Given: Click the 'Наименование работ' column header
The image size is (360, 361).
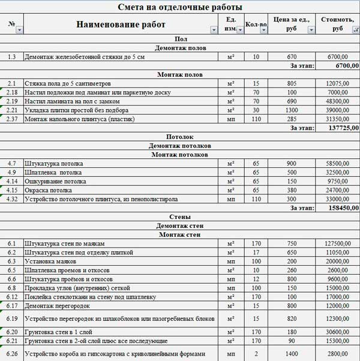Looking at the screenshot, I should pos(121,25).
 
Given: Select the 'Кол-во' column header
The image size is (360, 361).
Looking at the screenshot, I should pos(256,25).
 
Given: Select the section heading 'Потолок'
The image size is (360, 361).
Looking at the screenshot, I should pos(181,136).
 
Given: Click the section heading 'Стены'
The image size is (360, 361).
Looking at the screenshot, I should pos(181,216).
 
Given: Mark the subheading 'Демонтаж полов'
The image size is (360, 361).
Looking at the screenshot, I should pos(181,47).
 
